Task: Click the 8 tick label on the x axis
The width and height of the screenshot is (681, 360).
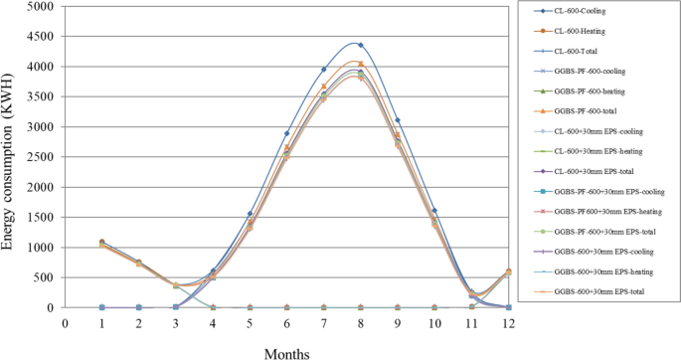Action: point(360,322)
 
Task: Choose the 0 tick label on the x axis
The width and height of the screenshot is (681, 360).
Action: point(66,322)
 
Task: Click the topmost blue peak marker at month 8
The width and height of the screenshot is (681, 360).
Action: point(360,46)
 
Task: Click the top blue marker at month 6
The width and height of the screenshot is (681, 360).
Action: point(286,133)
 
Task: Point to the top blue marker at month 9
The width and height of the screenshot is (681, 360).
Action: point(397,120)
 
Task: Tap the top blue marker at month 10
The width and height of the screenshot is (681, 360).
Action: point(433,211)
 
